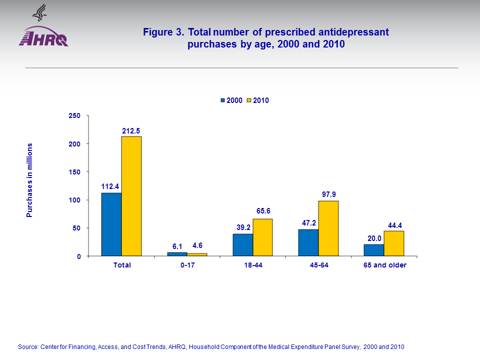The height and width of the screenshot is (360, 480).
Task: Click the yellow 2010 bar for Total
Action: pos(131,196)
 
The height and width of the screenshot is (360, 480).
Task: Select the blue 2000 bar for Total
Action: pos(111,224)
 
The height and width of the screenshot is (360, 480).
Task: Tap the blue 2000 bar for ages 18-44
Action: pos(243,245)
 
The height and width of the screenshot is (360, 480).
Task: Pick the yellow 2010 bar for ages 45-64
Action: pos(328,228)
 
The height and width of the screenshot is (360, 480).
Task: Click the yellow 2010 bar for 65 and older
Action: pos(394,243)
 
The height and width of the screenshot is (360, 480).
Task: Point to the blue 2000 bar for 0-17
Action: pos(177,254)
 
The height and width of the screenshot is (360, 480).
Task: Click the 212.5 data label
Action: pos(131,130)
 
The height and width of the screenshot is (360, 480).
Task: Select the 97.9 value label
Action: pos(328,195)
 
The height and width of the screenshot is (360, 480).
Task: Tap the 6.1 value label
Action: pos(177,246)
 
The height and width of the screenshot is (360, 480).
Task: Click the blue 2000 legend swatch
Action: pos(222,100)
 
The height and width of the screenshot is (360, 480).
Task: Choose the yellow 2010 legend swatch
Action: pos(249,100)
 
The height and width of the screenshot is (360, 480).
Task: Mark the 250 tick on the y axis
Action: pos(74,115)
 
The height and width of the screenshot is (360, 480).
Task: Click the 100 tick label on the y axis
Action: pos(74,200)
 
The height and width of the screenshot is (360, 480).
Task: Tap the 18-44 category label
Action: pos(252,265)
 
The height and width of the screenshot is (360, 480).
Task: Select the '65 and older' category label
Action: pos(384,265)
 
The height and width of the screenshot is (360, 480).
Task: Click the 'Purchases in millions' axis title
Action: pos(29,180)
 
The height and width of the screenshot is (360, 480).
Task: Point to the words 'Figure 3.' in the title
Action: pos(164,32)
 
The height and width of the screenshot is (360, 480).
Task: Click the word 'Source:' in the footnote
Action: pos(28,346)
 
